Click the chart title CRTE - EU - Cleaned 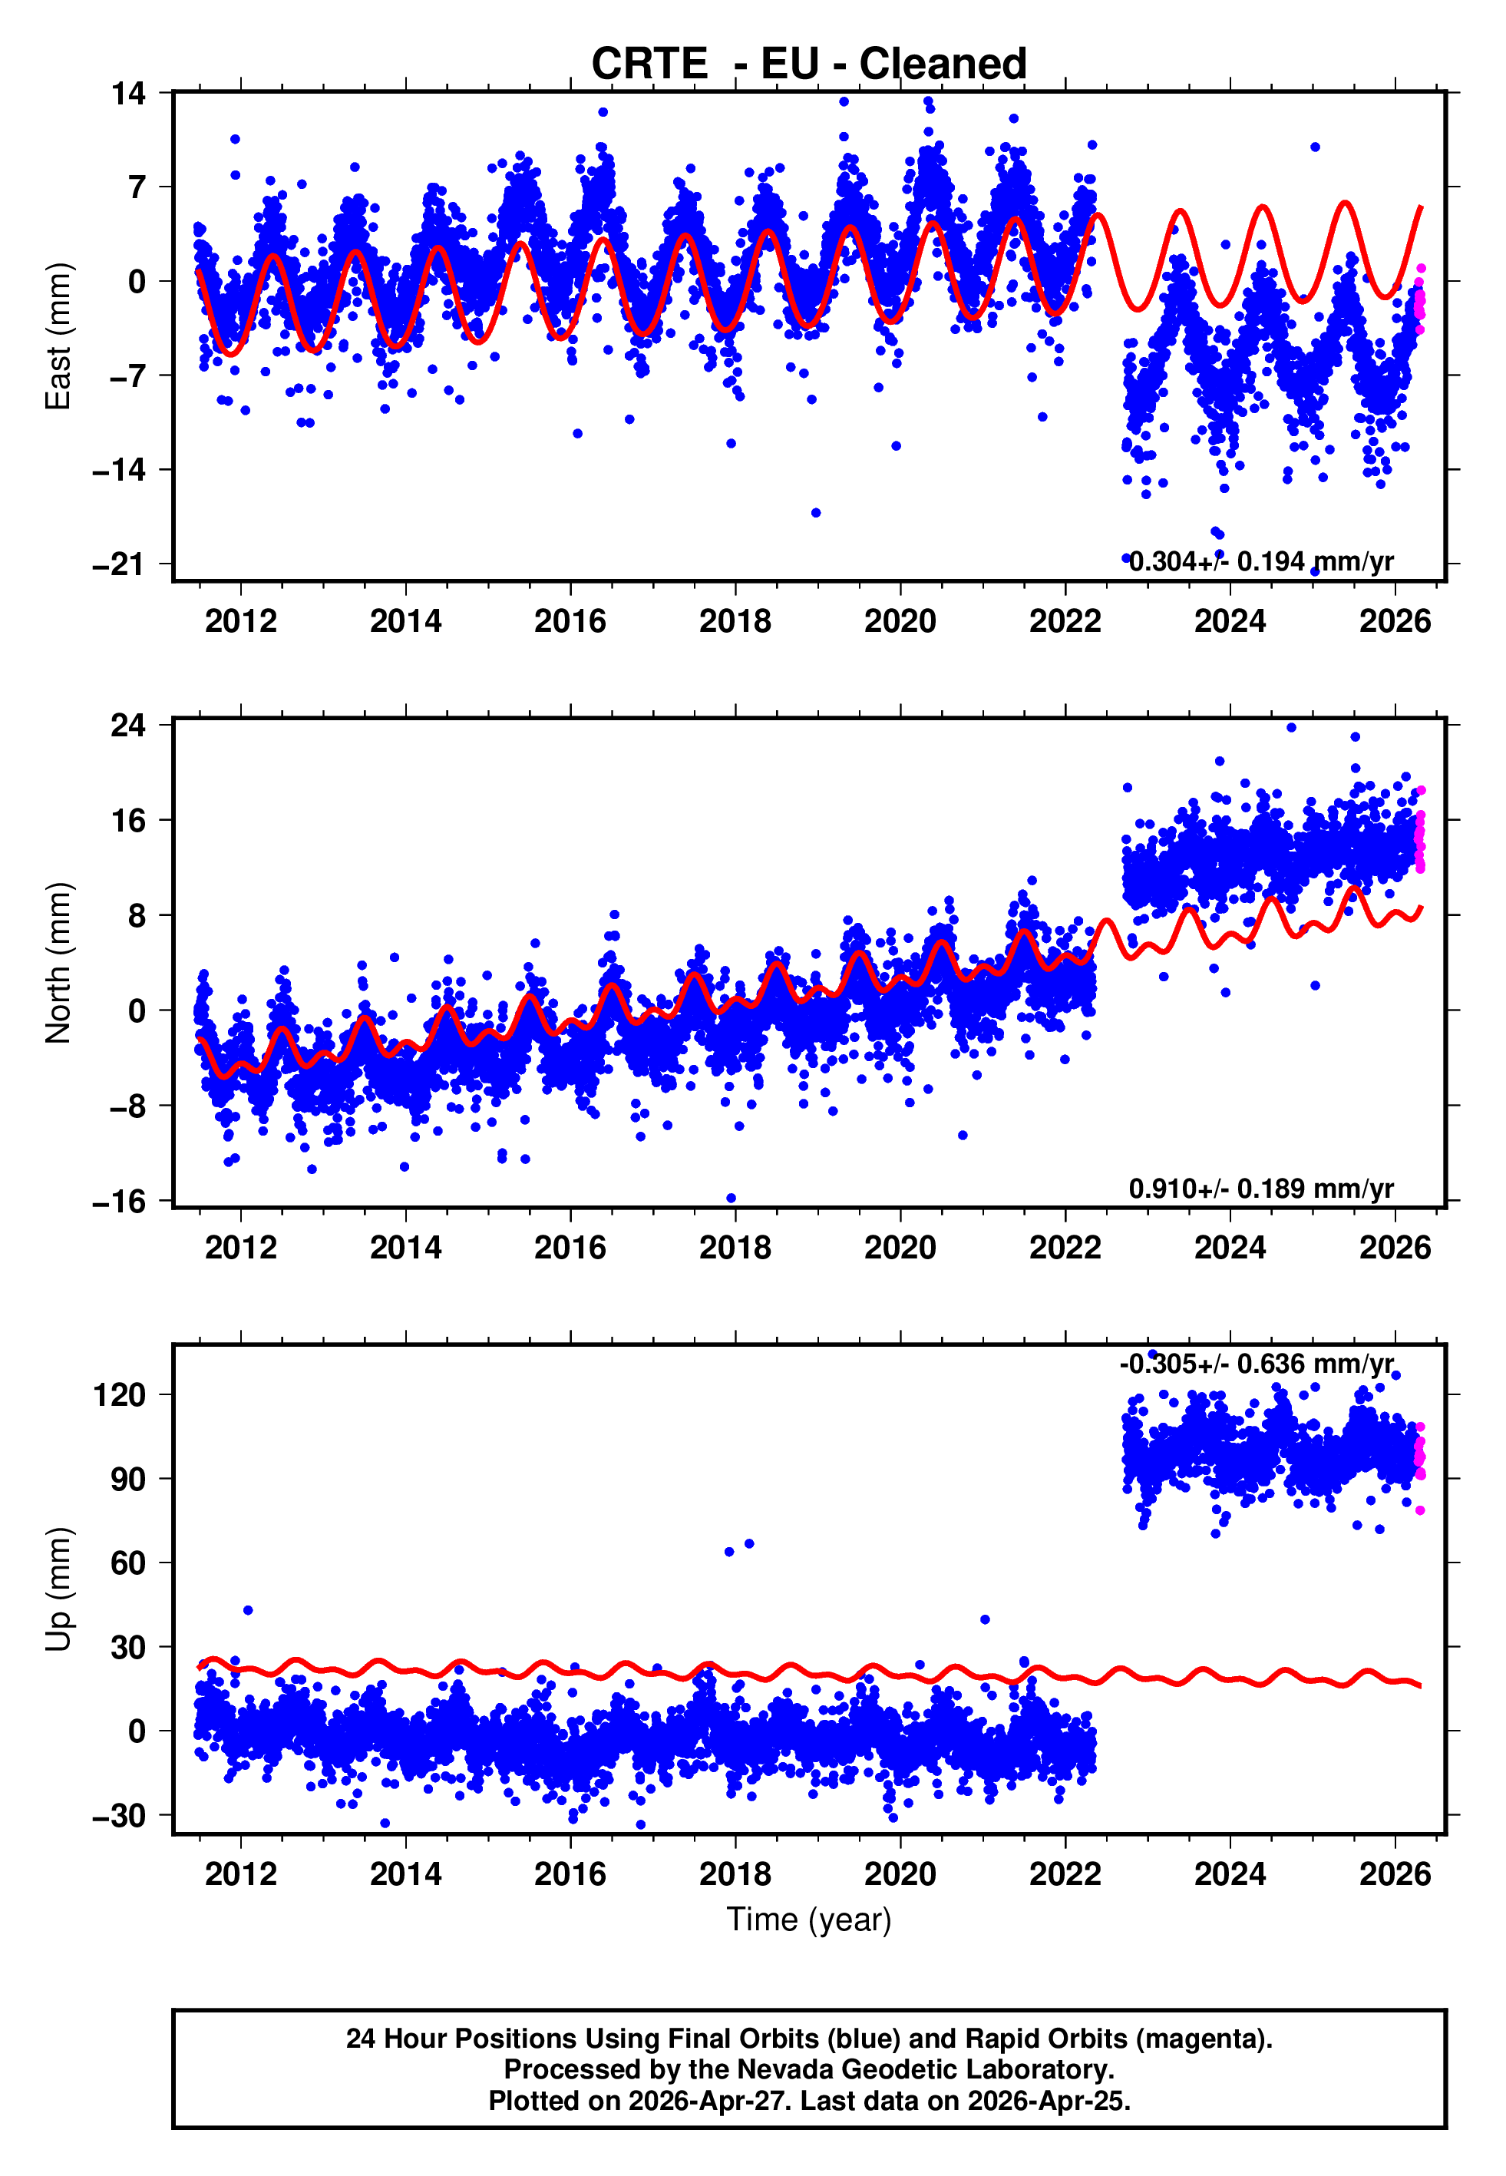[x=809, y=64]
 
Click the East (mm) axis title [x=58, y=336]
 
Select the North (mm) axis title [x=58, y=963]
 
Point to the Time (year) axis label [x=809, y=1920]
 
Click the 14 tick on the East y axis [x=128, y=94]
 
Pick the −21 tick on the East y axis [x=120, y=564]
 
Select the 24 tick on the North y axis [x=128, y=725]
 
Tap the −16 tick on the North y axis [x=120, y=1200]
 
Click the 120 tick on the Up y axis [x=120, y=1394]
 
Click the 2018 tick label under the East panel [x=735, y=621]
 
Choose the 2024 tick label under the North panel [x=1230, y=1248]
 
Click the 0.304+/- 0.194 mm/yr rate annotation [x=1260, y=561]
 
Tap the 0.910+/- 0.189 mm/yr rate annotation [x=1260, y=1188]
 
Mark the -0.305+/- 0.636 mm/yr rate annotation [x=1256, y=1364]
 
